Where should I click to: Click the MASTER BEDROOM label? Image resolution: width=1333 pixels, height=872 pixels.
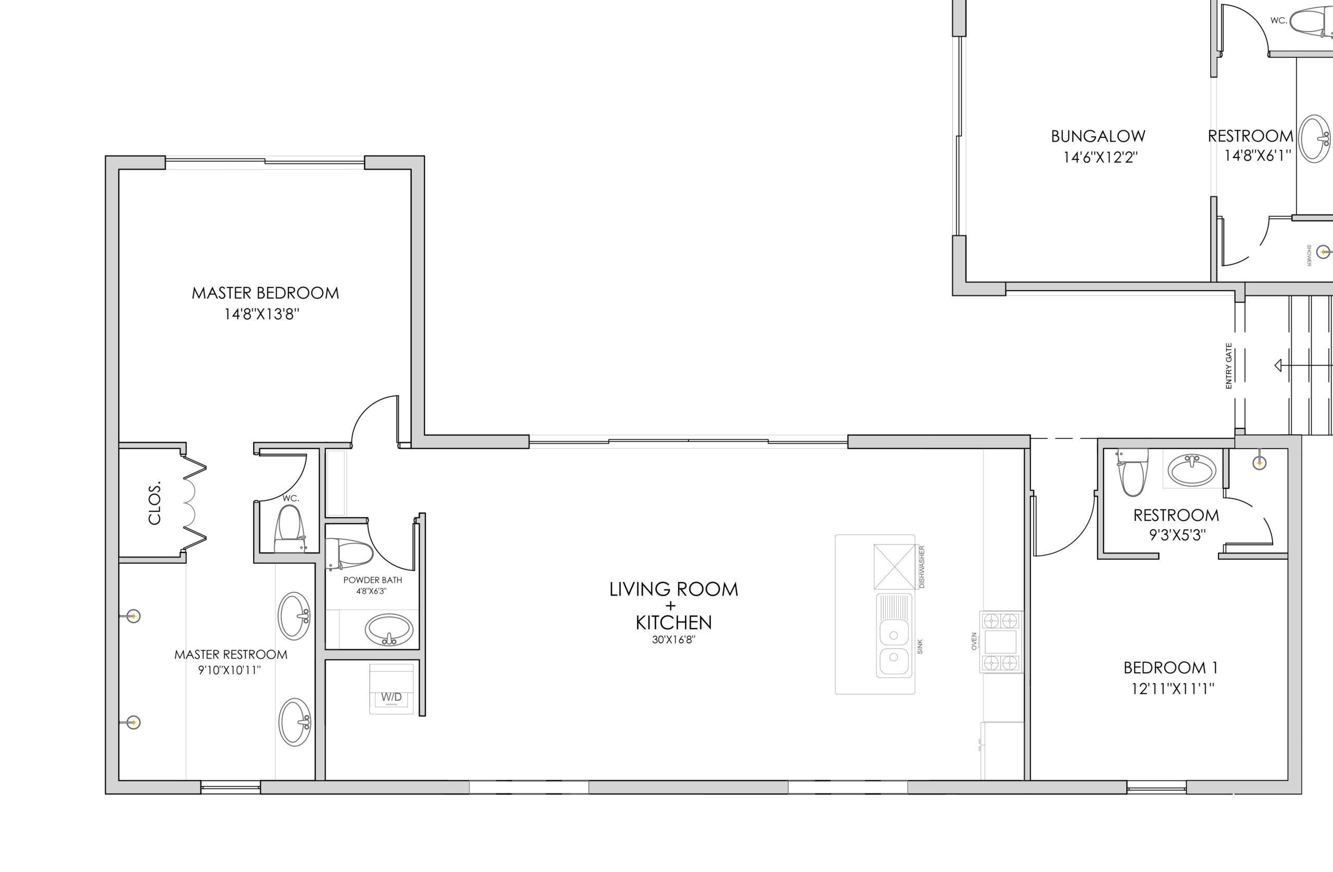(x=266, y=293)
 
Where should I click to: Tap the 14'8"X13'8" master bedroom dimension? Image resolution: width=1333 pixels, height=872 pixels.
(x=261, y=314)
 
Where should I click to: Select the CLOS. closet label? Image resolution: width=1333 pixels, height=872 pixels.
(x=155, y=502)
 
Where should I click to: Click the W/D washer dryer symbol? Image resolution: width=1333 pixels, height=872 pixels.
(x=392, y=689)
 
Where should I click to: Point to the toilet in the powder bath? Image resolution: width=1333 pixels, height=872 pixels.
(x=349, y=554)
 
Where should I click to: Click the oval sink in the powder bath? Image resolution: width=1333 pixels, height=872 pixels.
(x=389, y=630)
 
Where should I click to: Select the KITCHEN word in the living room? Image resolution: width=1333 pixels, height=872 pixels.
(x=674, y=622)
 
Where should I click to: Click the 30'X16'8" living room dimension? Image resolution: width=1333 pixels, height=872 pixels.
(x=674, y=640)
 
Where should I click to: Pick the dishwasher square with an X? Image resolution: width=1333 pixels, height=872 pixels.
(x=895, y=567)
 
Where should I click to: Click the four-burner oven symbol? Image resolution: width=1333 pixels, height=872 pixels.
(x=1001, y=642)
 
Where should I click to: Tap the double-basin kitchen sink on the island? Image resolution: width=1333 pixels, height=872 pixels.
(x=894, y=636)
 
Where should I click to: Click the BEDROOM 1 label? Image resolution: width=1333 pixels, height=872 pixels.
(x=1171, y=667)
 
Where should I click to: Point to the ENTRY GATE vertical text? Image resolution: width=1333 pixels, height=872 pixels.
(x=1229, y=365)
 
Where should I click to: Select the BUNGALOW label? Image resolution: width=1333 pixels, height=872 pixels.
(x=1098, y=136)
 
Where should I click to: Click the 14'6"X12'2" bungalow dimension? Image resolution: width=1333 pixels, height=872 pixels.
(x=1101, y=157)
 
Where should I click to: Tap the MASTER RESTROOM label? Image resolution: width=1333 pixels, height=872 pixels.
(x=231, y=654)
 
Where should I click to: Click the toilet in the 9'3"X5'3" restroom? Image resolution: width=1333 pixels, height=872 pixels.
(x=1132, y=472)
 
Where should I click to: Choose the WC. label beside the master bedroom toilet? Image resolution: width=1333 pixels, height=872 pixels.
(x=291, y=498)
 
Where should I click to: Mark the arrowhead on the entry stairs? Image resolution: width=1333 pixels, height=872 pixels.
(x=1278, y=365)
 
